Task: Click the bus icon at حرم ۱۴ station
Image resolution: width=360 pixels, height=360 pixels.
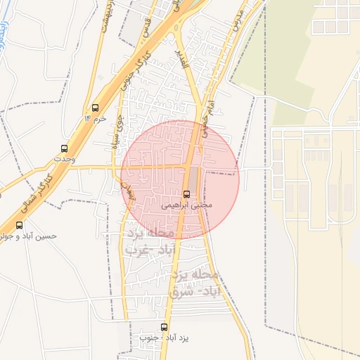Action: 95,108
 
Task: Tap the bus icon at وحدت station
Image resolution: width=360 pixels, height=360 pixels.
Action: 64,148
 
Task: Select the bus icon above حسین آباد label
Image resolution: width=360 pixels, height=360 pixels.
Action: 19,226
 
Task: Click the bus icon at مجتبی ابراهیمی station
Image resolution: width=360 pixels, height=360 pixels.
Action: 186,194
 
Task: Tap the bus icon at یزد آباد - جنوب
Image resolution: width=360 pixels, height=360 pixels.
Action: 165,327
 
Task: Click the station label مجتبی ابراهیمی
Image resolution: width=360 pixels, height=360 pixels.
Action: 186,206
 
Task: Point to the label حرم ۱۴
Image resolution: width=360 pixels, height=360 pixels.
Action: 95,119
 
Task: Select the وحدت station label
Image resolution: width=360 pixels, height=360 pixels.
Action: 63,160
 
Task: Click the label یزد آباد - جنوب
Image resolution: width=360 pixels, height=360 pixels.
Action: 164,338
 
